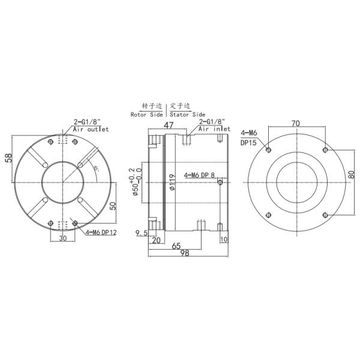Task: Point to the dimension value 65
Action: pos(176,245)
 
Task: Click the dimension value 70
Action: pos(295,124)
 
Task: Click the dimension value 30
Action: pos(63,238)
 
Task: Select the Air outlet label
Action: pos(91,129)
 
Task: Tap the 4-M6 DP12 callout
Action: pos(100,232)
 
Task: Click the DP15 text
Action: pos(248,142)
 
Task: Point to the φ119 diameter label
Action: pos(172,182)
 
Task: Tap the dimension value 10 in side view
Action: pos(224,239)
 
